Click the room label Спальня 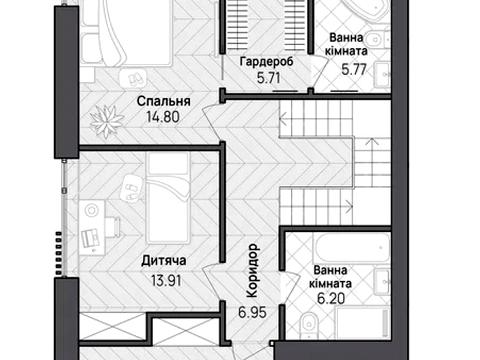[163, 101]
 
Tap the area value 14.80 [163, 117]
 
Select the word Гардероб [267, 62]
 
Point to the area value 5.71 [269, 78]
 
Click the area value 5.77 [354, 69]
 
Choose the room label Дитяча [164, 261]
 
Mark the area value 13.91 [166, 280]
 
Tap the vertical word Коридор [252, 270]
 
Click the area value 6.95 [252, 312]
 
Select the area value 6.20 [331, 298]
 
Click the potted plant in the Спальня [107, 121]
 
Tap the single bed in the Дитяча [168, 198]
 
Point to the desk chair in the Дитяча [114, 227]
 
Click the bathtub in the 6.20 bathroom [352, 248]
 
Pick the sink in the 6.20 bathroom [382, 282]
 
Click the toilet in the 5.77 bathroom [377, 39]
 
